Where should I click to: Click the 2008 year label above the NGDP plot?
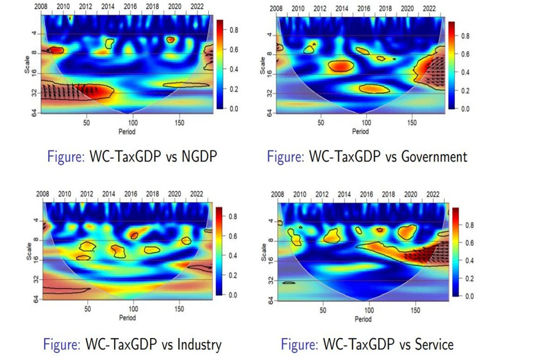click(x=43, y=7)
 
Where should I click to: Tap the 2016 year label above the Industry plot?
click(x=131, y=194)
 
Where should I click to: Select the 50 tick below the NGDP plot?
click(x=86, y=124)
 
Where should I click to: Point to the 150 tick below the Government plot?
click(x=412, y=124)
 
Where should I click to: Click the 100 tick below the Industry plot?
click(x=133, y=310)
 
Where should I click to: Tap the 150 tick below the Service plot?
click(x=414, y=311)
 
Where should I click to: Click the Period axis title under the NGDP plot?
click(x=130, y=131)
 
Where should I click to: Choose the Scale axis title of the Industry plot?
click(x=30, y=249)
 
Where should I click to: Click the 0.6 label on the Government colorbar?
click(x=465, y=54)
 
